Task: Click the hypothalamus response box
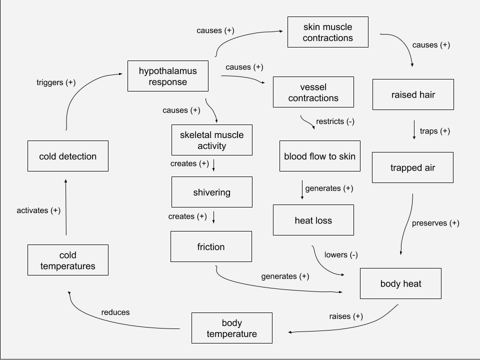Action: pos(167,76)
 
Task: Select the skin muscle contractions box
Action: pos(327,32)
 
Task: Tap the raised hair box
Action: pos(413,94)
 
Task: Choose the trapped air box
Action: pos(412,167)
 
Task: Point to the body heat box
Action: pos(400,283)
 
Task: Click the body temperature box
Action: pos(231,328)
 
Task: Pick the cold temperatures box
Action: pos(68,260)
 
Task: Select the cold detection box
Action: pos(67,156)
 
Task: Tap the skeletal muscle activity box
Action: pos(211,140)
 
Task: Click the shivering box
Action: pos(211,192)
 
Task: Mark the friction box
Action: pos(211,246)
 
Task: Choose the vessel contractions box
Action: pos(313,92)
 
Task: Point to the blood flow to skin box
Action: pos(319,156)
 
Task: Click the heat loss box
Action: pos(313,220)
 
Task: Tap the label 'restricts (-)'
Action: pos(335,121)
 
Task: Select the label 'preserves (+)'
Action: pos(435,223)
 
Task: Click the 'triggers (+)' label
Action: pos(56,82)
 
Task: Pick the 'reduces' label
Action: pos(115,312)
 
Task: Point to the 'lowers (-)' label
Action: pos(341,254)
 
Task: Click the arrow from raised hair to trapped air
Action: pos(414,130)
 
